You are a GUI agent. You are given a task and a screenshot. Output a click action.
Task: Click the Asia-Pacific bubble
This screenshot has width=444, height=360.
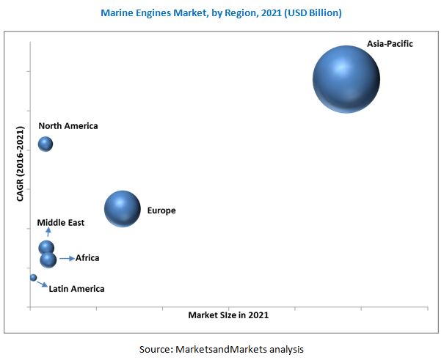(346, 79)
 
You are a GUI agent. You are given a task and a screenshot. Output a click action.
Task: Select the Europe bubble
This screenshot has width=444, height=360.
(122, 209)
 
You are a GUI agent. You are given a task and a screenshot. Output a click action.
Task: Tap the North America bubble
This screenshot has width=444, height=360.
(46, 144)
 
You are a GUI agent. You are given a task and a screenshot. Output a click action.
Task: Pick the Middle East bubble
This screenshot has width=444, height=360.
(46, 248)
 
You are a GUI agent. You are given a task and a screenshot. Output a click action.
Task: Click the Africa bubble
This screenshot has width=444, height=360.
(48, 260)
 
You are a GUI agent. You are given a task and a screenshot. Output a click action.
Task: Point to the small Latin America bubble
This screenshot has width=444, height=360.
(33, 278)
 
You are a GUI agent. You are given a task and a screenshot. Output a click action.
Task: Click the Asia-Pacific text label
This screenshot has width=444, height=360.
(390, 44)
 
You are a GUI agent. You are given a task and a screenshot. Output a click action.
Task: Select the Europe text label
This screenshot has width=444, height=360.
(161, 211)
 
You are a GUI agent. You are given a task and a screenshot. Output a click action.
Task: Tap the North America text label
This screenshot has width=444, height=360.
(68, 126)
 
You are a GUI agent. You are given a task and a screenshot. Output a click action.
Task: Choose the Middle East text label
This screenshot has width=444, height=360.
(61, 223)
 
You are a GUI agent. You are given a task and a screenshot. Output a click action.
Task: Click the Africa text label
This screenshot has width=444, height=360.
(87, 258)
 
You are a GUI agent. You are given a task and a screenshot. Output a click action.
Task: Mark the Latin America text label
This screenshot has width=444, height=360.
(76, 289)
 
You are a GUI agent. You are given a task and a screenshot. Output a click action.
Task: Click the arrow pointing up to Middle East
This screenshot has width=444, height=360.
(48, 233)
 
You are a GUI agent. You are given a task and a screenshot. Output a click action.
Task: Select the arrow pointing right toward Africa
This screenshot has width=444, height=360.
(67, 258)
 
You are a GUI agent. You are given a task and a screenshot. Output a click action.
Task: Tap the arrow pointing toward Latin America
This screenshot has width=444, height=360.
(42, 284)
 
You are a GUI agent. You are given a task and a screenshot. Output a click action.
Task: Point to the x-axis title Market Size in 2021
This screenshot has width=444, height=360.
(228, 315)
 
